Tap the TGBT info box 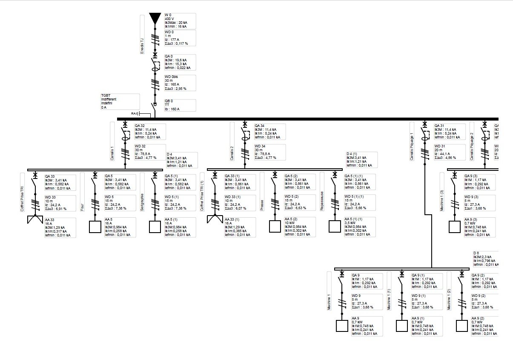(119, 102)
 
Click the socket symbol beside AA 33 (35, 220)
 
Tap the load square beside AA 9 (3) (455, 226)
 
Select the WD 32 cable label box (149, 152)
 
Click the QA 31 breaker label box (449, 131)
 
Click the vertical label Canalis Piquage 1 (412, 141)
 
